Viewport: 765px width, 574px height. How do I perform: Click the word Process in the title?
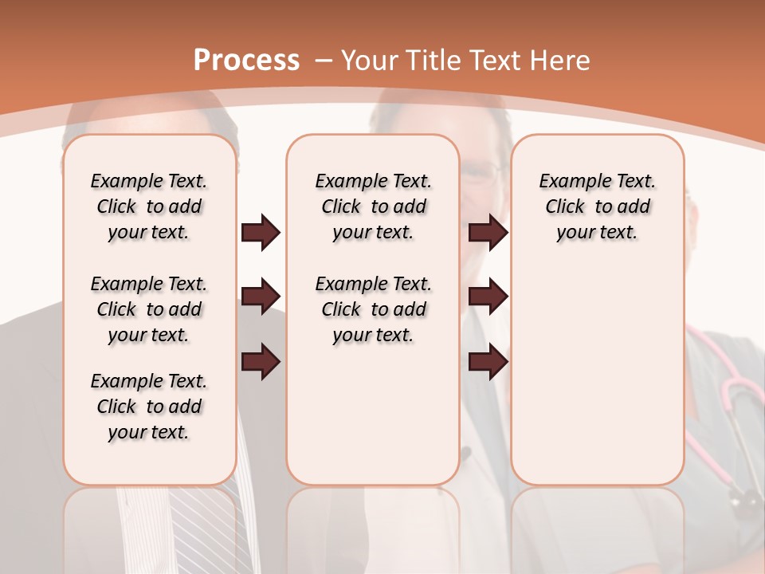pos(247,61)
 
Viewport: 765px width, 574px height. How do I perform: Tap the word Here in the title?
pos(562,61)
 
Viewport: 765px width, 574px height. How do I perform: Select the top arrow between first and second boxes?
pos(261,232)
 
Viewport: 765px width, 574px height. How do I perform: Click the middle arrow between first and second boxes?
pos(261,297)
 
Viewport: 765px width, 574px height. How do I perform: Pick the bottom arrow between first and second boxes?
pos(261,362)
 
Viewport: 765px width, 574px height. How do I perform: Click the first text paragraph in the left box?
pos(149,206)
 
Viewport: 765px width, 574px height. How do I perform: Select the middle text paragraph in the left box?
pos(149,309)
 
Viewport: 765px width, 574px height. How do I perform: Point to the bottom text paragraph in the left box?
pos(149,407)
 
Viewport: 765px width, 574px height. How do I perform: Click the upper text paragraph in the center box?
pos(373,206)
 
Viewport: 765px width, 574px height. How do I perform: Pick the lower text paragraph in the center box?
pos(373,309)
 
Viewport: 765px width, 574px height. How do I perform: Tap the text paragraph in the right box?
pos(597,206)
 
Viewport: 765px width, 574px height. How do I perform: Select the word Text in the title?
pos(494,61)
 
